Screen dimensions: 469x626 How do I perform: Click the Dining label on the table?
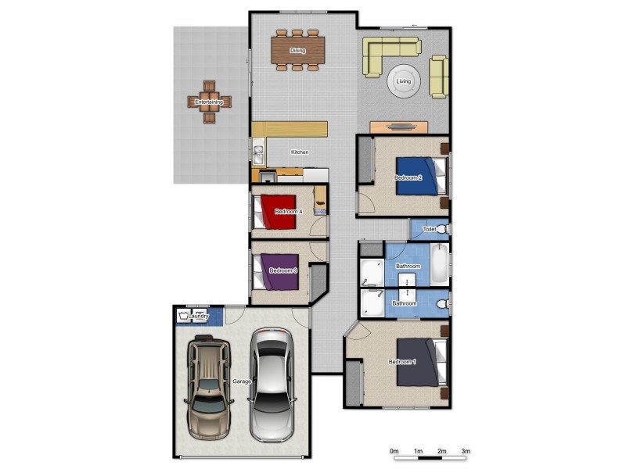point(297,51)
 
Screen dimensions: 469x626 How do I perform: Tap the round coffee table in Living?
point(404,81)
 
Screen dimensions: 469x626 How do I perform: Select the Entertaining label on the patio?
point(209,102)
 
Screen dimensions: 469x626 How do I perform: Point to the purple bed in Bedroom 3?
point(279,270)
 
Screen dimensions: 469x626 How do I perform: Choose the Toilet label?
point(429,230)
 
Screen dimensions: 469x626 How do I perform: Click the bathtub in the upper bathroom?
point(439,263)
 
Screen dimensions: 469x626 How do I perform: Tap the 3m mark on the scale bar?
point(466,451)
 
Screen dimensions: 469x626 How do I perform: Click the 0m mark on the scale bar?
point(395,451)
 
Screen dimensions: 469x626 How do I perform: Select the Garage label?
point(241,381)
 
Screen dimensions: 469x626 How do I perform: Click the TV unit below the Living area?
point(398,126)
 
